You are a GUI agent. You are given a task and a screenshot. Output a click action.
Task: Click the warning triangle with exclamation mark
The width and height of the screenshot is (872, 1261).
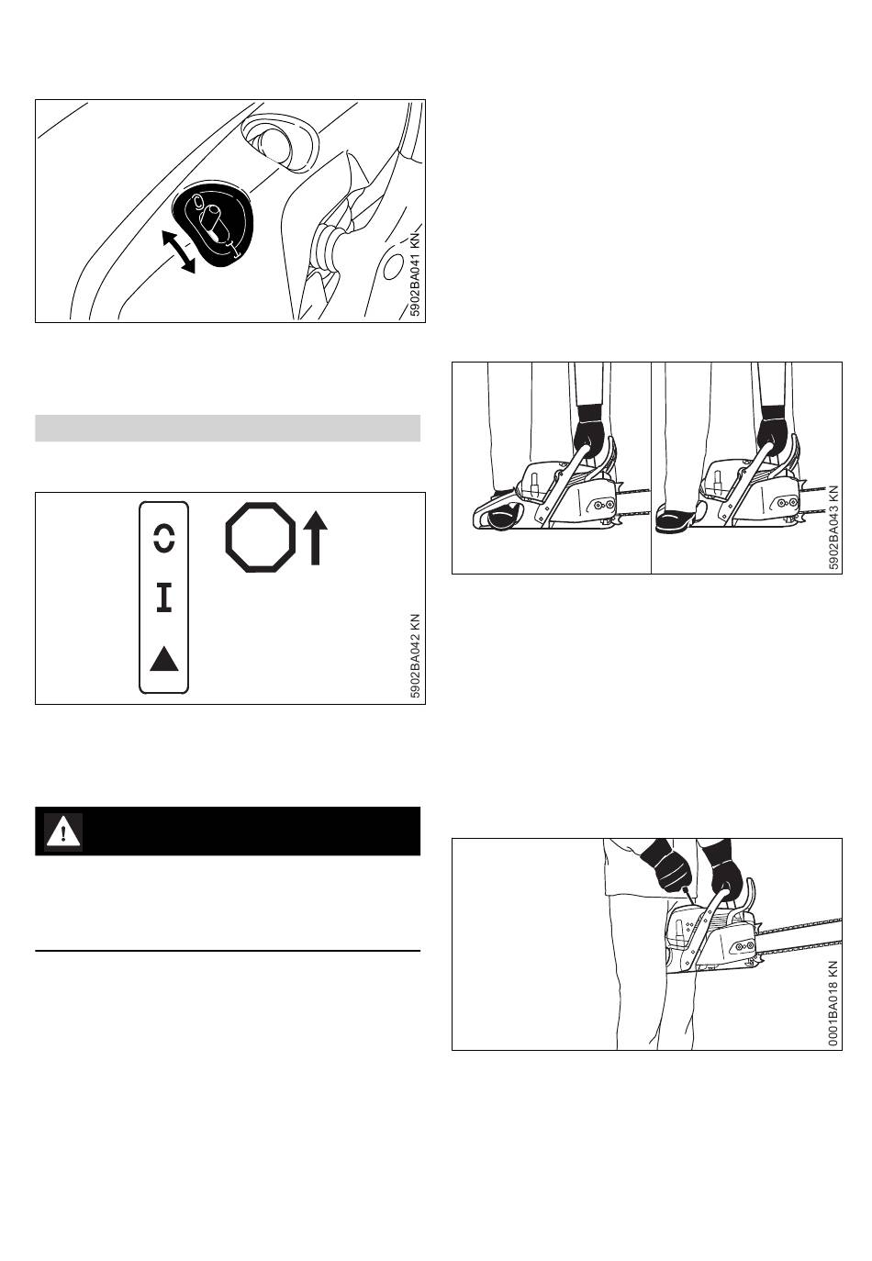[63, 831]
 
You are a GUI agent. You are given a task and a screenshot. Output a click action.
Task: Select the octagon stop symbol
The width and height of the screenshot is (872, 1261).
[260, 537]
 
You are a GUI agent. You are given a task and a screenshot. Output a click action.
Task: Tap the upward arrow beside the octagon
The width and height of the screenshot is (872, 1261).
[315, 538]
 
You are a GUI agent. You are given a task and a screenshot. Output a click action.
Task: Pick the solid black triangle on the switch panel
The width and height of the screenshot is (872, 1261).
[163, 659]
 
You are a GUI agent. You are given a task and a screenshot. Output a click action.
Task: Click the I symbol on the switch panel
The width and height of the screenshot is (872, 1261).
[163, 597]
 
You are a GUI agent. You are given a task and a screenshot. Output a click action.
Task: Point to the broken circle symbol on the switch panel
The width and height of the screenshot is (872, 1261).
[163, 538]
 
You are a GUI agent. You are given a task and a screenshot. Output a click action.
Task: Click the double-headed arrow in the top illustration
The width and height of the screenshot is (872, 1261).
[178, 251]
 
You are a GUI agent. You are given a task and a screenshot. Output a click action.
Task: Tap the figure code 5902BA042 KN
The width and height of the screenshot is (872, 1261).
[416, 655]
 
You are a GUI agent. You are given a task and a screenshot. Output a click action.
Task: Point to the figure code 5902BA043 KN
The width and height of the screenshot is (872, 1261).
[833, 527]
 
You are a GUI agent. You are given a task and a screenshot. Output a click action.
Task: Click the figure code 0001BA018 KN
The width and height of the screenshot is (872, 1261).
[833, 1003]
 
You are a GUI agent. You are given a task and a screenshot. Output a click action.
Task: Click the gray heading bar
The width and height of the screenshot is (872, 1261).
[228, 428]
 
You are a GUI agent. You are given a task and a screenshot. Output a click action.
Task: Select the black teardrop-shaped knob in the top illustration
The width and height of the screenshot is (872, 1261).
[213, 224]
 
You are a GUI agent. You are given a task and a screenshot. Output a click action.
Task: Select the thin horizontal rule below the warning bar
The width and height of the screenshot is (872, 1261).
[228, 951]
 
